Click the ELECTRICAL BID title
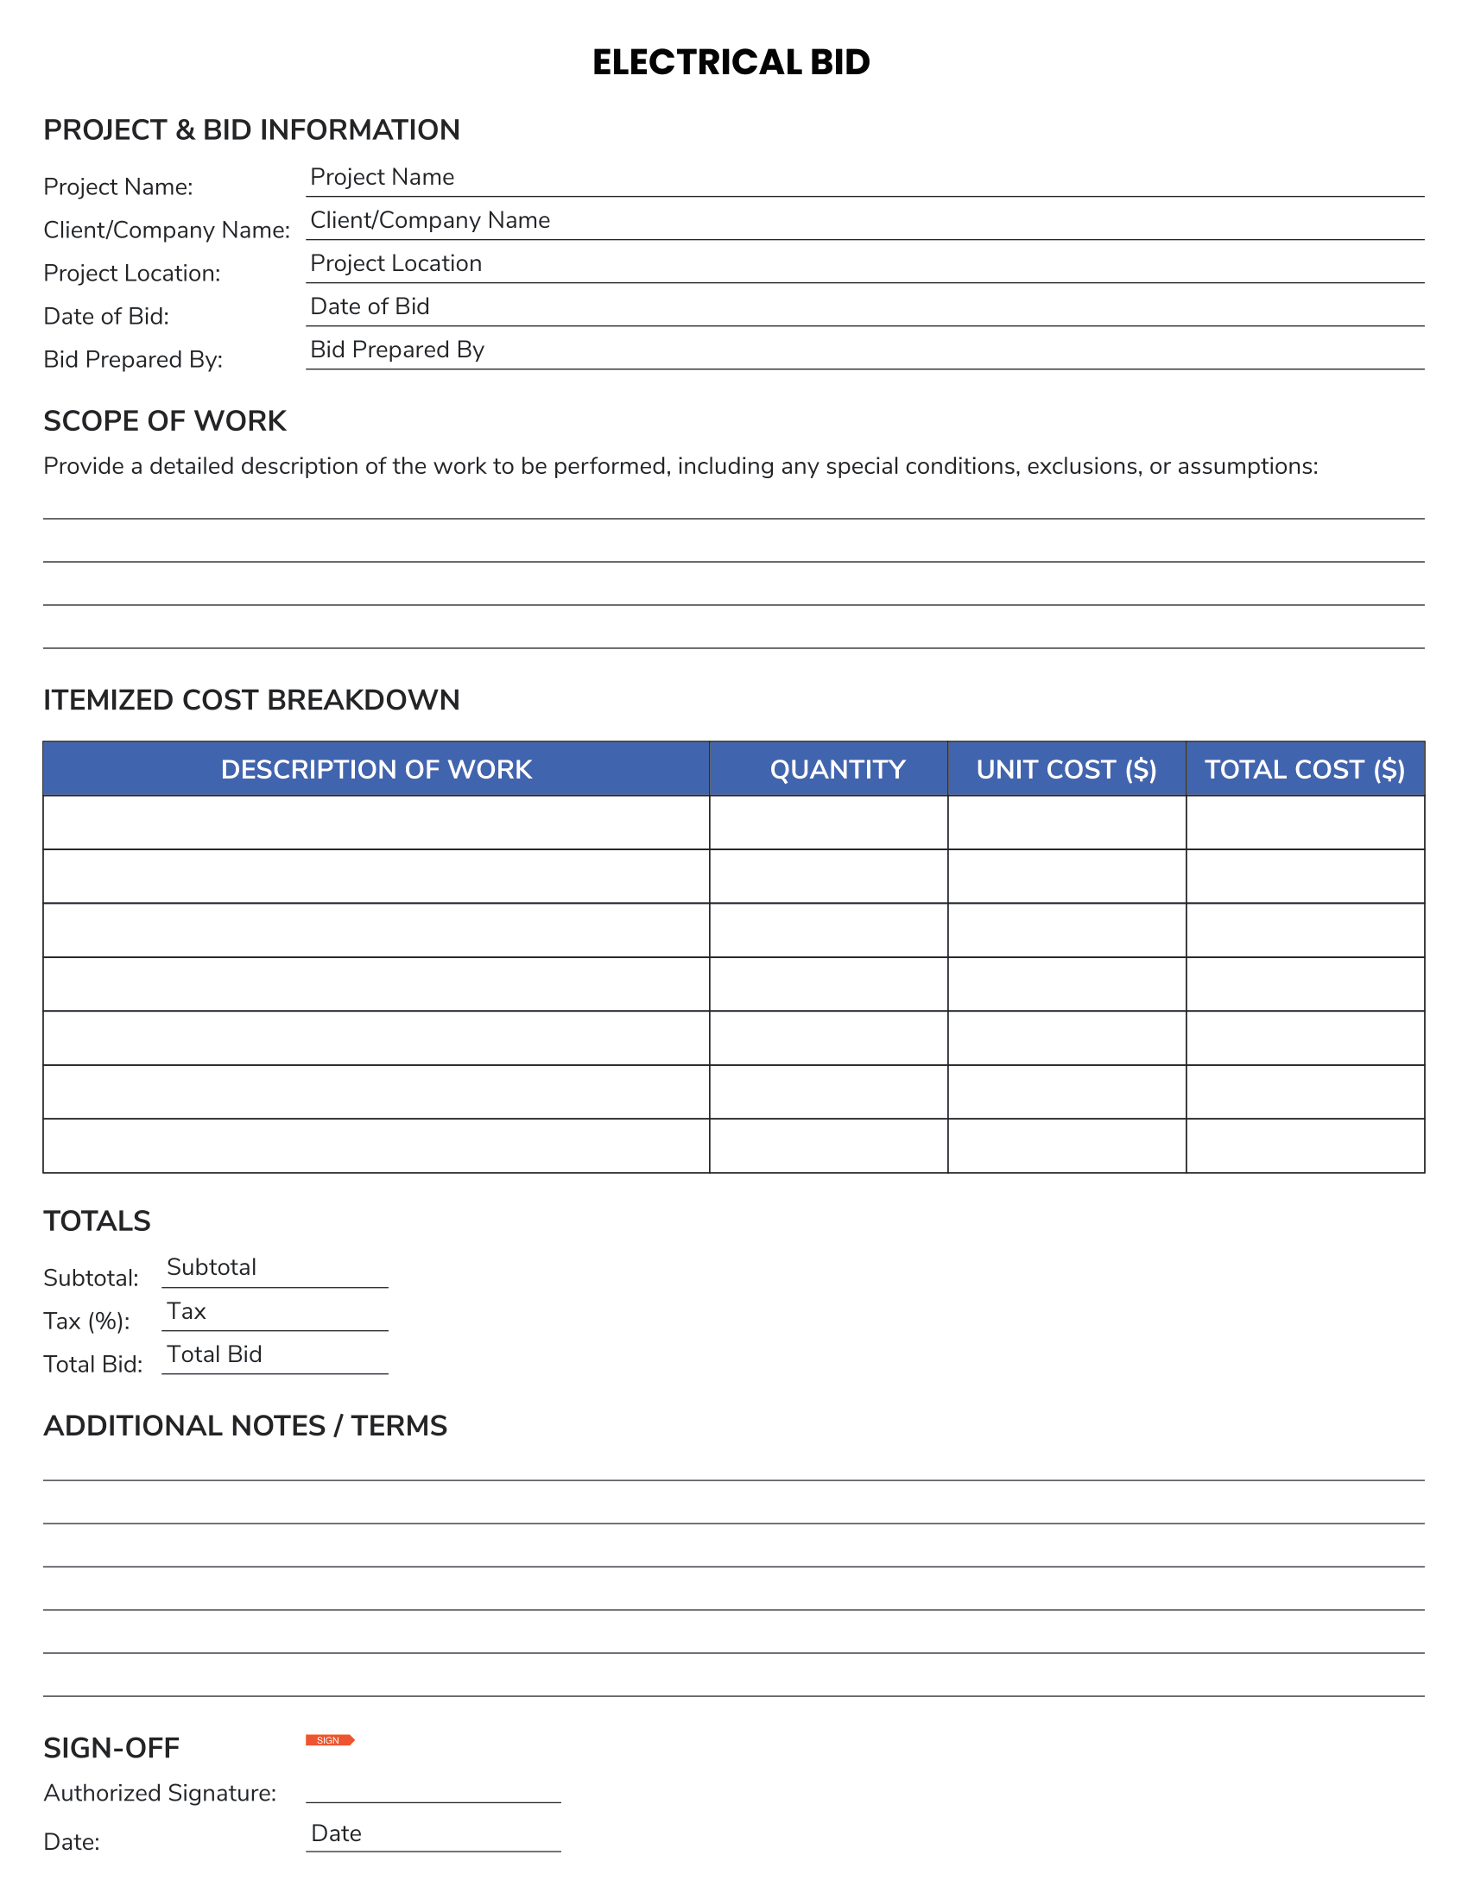[731, 63]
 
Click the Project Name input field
[864, 179]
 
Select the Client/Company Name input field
[864, 222]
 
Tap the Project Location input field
[864, 264]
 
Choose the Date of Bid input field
[864, 308]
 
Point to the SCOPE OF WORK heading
[164, 422]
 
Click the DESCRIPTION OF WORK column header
[376, 769]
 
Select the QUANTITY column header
[837, 769]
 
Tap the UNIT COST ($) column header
[1066, 769]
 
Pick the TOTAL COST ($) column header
[1305, 769]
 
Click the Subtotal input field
[275, 1269]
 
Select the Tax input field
[275, 1312]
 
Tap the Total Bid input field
[275, 1355]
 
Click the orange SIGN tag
[330, 1740]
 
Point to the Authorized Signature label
[160, 1793]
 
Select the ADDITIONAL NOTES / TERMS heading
[245, 1426]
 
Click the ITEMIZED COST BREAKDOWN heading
[251, 701]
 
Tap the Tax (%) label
[86, 1322]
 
